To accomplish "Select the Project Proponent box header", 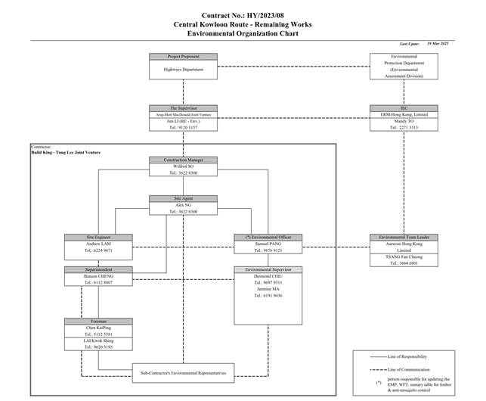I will (183, 57).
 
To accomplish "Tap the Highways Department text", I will (183, 70).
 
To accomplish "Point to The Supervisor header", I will (183, 108).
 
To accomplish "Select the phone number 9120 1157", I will (183, 128).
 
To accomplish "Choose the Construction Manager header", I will (183, 160).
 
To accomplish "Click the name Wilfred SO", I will (183, 166).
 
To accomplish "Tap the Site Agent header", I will (183, 198).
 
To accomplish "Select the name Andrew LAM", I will (99, 244).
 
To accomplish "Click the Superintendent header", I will (99, 270).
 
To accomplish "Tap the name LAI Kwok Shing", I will (99, 340).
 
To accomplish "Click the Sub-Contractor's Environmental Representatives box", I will (183, 371).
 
